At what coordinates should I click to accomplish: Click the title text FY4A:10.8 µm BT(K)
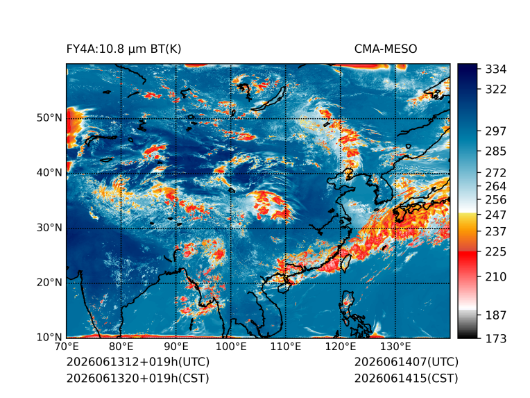[x=123, y=49]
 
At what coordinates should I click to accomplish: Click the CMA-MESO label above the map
[x=386, y=49]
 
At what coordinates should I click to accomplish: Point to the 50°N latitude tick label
[x=49, y=118]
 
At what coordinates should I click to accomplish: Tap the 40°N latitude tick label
[x=49, y=172]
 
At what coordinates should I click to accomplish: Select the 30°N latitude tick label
[x=49, y=227]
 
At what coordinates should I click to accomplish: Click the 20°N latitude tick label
[x=49, y=282]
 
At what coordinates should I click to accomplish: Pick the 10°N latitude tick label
[x=49, y=337]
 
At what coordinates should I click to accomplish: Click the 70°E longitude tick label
[x=67, y=347]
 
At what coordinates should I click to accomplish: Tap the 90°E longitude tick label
[x=176, y=347]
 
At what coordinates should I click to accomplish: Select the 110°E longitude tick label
[x=286, y=347]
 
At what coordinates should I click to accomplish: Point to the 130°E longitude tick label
[x=395, y=347]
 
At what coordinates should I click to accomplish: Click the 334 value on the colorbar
[x=496, y=69]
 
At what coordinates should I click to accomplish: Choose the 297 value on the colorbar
[x=496, y=131]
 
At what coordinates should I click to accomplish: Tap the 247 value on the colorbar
[x=496, y=215]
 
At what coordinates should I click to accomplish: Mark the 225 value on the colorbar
[x=496, y=252]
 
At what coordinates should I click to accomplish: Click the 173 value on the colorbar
[x=496, y=338]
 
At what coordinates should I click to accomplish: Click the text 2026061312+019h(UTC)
[x=138, y=362]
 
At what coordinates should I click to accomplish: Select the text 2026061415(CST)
[x=407, y=379]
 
